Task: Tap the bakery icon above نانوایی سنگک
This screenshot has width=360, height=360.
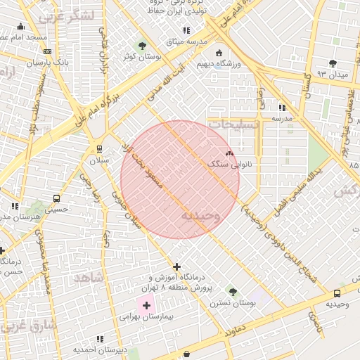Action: (229, 153)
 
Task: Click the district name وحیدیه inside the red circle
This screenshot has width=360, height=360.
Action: (200, 215)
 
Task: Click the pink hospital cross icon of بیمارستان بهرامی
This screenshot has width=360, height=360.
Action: (146, 306)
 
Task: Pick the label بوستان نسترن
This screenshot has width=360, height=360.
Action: (232, 303)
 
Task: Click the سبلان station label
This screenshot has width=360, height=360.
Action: (98, 160)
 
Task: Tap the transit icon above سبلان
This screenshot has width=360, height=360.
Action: (99, 148)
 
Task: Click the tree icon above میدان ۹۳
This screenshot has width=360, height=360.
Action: (333, 63)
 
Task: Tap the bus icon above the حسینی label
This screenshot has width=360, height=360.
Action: (56, 198)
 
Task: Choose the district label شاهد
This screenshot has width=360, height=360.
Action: (88, 278)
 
